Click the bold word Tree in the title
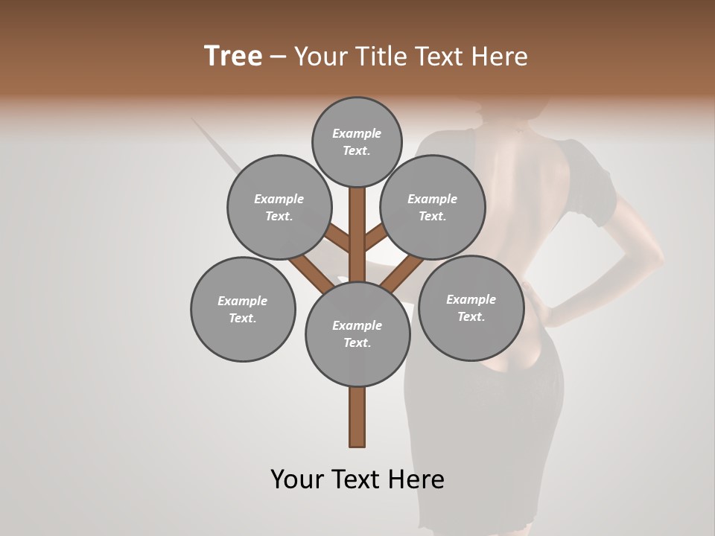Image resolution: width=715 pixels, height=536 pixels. click(233, 56)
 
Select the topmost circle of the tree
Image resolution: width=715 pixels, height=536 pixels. click(357, 141)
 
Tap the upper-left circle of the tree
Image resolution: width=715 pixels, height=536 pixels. click(279, 207)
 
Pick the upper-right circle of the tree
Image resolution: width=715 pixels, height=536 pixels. click(432, 207)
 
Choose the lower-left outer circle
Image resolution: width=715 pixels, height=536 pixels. click(243, 309)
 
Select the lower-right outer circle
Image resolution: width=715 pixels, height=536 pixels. click(471, 307)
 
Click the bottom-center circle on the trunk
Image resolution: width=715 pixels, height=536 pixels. click(357, 334)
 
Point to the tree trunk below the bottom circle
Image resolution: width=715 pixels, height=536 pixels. click(357, 417)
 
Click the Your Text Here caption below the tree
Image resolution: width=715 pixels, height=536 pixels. click(357, 479)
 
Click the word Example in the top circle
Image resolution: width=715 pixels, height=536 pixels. click(357, 133)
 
